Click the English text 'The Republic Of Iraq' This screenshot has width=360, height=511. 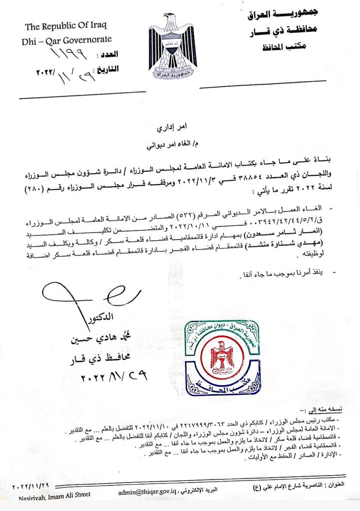pyautogui.click(x=66, y=26)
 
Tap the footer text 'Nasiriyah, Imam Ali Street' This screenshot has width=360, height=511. pyautogui.click(x=55, y=495)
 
